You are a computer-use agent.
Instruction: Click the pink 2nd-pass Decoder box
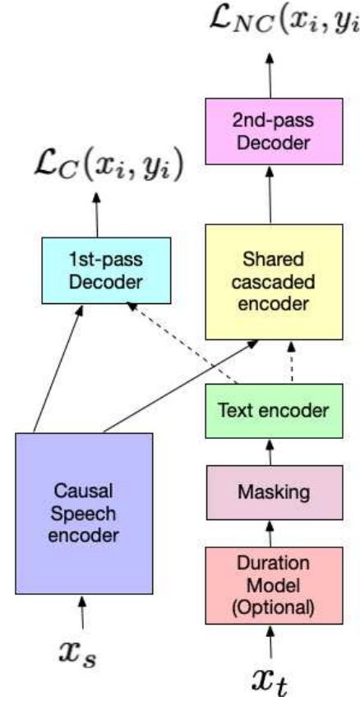coord(273,132)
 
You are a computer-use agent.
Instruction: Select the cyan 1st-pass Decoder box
coord(106,270)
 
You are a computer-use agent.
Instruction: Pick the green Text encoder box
coord(273,412)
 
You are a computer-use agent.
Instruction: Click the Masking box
coord(273,493)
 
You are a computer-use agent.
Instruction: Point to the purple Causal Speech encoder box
coord(84,514)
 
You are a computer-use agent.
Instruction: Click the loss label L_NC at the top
coord(279,24)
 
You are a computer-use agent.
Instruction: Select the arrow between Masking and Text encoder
coord(272,452)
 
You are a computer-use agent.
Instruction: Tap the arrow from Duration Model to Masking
coord(272,535)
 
